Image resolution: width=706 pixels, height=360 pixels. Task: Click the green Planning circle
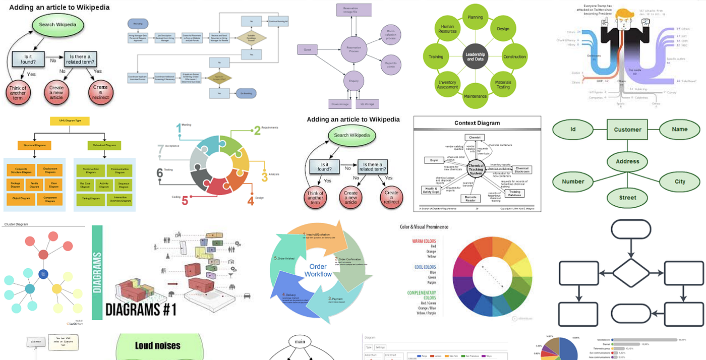coord(475,17)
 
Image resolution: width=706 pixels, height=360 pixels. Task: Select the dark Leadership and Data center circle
coord(475,56)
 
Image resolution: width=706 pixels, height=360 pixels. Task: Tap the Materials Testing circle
coord(503,84)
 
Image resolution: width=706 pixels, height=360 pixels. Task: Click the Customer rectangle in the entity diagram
coord(627,130)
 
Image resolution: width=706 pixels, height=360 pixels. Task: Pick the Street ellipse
coord(627,198)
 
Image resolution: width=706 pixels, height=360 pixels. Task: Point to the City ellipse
coord(680,182)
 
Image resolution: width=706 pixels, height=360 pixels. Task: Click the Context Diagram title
coord(477,123)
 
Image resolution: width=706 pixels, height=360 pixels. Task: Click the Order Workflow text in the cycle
coord(319,270)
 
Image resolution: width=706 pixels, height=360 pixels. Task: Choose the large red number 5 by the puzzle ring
coord(185,201)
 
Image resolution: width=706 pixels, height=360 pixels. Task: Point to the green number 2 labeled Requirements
coord(257,131)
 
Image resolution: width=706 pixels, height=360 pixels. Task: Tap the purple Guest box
coord(307,49)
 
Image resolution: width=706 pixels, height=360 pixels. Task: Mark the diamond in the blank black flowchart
coord(630,273)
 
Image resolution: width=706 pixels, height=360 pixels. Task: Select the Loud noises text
coord(157,346)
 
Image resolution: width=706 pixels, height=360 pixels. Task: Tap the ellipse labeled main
coord(300,342)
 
